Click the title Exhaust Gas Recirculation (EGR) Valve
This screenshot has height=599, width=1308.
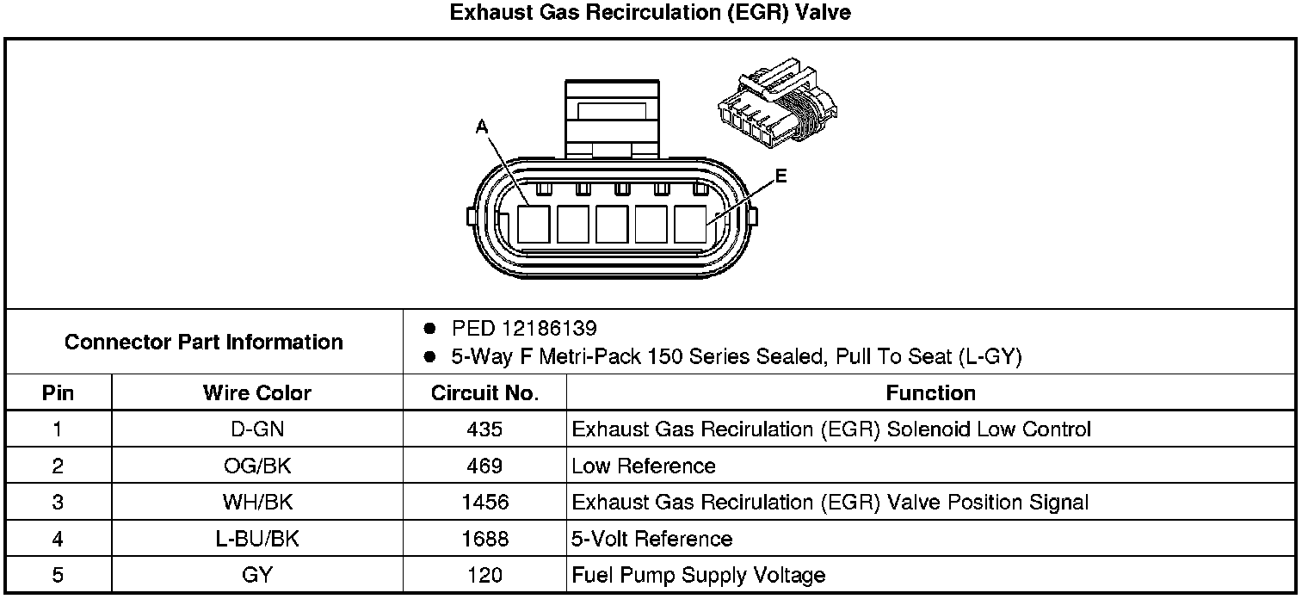point(651,14)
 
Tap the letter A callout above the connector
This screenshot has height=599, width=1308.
point(482,127)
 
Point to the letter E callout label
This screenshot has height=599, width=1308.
point(780,176)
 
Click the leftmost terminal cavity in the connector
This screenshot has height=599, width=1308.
point(534,224)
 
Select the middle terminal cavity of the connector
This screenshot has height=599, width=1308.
point(612,224)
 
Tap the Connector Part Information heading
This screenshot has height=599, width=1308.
point(204,342)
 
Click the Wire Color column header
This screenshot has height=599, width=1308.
point(257,393)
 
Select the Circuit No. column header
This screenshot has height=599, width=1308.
point(484,393)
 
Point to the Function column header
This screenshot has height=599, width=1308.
point(930,393)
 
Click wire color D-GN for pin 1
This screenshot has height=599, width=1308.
point(257,429)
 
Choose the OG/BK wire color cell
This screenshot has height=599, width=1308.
point(257,466)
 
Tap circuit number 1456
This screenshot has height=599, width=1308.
point(484,503)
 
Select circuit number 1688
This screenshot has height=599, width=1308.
point(484,540)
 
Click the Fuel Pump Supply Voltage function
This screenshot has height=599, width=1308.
point(699,576)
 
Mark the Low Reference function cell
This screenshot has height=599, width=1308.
point(644,466)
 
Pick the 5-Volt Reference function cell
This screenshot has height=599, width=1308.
point(652,540)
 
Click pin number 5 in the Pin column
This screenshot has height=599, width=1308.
point(58,576)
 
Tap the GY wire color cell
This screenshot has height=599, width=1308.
point(257,576)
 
